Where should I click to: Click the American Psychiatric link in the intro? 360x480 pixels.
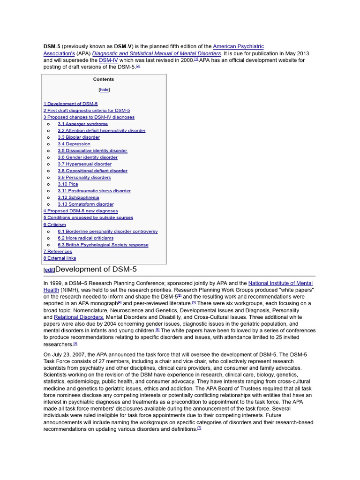(x=238, y=46)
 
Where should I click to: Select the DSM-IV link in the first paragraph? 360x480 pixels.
(x=108, y=60)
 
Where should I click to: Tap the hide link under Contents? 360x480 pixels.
(x=104, y=90)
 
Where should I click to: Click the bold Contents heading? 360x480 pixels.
(x=104, y=79)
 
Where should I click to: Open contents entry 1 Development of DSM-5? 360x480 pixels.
(x=70, y=104)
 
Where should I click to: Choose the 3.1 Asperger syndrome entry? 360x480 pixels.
(x=82, y=124)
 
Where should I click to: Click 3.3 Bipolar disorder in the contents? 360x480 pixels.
(x=78, y=137)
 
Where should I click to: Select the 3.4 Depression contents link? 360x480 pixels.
(x=74, y=144)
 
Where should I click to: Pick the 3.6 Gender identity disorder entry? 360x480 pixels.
(x=87, y=157)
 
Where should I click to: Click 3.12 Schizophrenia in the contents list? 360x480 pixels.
(x=78, y=197)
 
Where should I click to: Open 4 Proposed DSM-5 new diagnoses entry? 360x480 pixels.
(x=81, y=211)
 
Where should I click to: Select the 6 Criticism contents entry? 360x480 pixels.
(x=55, y=225)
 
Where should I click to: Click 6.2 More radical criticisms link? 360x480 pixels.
(x=85, y=238)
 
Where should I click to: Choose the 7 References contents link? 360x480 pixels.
(x=58, y=251)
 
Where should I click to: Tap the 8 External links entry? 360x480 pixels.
(x=60, y=258)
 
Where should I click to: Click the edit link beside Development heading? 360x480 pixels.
(x=49, y=270)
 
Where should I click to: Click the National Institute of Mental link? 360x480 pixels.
(x=280, y=283)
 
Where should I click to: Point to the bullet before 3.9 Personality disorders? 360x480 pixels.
(x=48, y=178)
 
